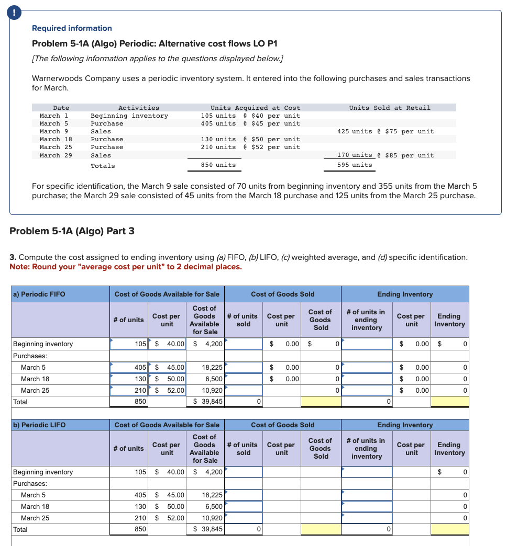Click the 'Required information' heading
[x=72, y=28]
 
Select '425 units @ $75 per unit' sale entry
[x=385, y=131]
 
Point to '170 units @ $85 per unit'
[x=385, y=155]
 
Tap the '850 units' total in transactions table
[x=218, y=165]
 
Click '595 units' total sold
[x=355, y=165]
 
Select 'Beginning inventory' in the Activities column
[x=129, y=116]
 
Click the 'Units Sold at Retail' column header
[x=389, y=108]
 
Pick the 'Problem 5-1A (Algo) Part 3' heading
[x=72, y=231]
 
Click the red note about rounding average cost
[x=126, y=267]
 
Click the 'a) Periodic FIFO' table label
[x=39, y=294]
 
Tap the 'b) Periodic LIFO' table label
[x=39, y=425]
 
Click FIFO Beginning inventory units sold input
[x=244, y=344]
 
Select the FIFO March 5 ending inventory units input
[x=367, y=368]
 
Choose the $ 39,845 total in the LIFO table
[x=208, y=529]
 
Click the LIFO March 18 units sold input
[x=244, y=506]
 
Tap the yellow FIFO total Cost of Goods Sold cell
[x=321, y=402]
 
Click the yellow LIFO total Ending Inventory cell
[x=449, y=529]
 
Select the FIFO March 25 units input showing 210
[x=129, y=390]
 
